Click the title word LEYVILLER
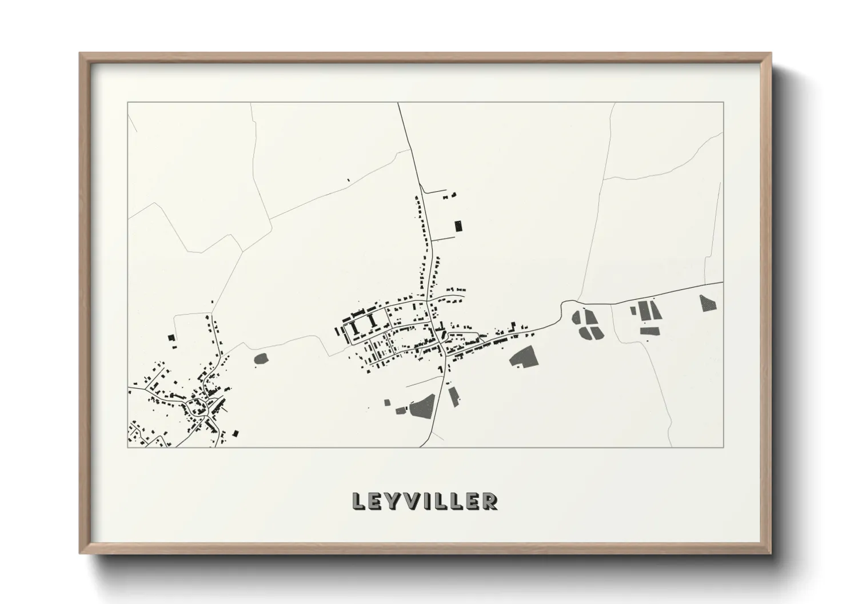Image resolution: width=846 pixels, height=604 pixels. (x=425, y=501)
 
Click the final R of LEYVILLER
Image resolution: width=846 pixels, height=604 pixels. (x=490, y=501)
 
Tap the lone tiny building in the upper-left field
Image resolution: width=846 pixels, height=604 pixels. (x=348, y=180)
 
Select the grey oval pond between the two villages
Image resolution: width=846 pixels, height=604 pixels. (x=261, y=359)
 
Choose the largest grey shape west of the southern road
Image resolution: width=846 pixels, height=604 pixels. (x=423, y=405)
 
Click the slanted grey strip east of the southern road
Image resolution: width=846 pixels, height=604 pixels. (x=454, y=396)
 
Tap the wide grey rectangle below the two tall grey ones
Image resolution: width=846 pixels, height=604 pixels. (x=650, y=331)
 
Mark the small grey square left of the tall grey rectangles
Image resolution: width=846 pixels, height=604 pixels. (x=633, y=311)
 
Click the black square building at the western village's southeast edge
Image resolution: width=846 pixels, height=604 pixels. (x=236, y=433)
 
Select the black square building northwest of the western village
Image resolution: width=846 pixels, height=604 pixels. (x=171, y=337)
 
